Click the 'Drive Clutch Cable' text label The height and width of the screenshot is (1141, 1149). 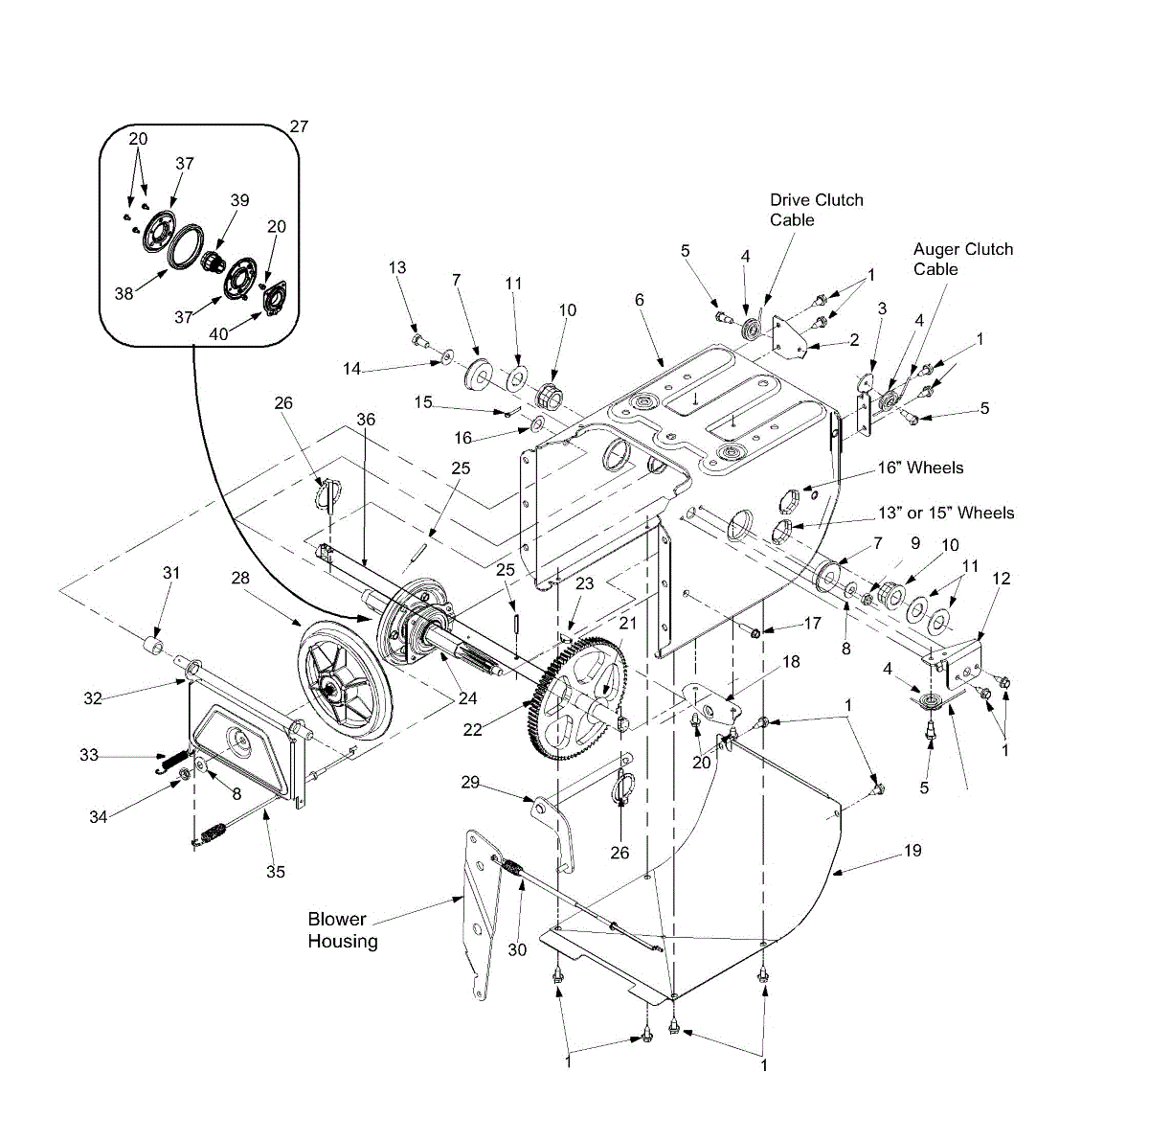coord(816,210)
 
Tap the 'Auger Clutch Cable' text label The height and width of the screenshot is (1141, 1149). coord(962,259)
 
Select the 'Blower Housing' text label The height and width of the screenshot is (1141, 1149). coord(342,929)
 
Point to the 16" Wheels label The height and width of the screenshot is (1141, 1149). coord(920,468)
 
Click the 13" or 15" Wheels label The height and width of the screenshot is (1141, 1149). coord(946,513)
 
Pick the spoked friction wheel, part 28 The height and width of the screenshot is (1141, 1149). coord(346,680)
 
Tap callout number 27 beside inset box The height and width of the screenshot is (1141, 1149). coord(299,126)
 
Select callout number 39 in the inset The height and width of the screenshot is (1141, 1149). coord(239,200)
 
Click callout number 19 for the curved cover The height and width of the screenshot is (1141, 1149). coord(912,851)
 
